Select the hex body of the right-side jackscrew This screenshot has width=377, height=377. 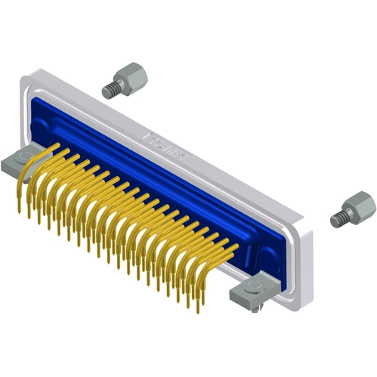[x=356, y=205]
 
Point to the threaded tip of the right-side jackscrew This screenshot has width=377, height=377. [x=338, y=219]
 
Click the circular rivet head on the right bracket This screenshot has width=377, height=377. [x=260, y=288]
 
